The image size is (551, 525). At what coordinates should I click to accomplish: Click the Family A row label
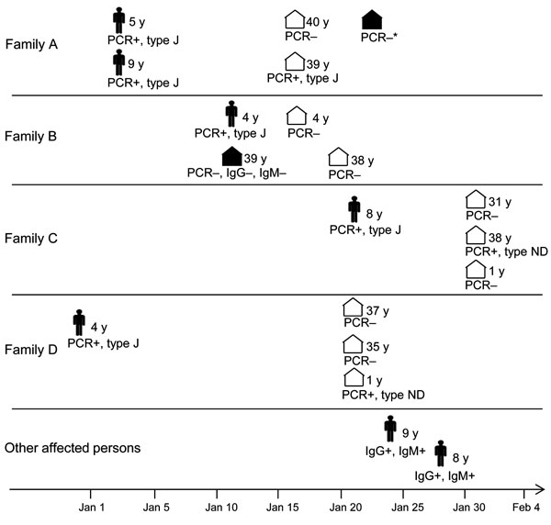31,45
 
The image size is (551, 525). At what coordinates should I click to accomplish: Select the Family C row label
31,239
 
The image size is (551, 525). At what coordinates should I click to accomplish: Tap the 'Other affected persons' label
73,448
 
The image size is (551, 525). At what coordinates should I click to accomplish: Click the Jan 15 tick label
283,508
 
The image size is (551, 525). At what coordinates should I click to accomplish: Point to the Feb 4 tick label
526,508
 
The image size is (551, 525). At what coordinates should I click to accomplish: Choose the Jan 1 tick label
91,508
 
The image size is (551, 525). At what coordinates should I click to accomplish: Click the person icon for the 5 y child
119,20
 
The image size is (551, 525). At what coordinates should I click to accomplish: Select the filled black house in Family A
372,19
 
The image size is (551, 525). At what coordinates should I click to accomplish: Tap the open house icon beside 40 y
295,19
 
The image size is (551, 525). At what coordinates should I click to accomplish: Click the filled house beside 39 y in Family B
232,156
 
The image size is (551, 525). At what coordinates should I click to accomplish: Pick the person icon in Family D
79,322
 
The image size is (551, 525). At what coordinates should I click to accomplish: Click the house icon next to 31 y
476,199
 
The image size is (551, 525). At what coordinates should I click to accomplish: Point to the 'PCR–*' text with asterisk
378,38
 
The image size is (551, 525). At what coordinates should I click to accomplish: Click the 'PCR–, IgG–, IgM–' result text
237,173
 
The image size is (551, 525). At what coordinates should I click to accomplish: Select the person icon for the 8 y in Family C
354,209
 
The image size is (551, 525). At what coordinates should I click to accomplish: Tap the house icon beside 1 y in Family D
354,377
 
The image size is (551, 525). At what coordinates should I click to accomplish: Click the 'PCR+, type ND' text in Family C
506,251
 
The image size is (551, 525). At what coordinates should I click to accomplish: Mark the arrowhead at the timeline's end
540,489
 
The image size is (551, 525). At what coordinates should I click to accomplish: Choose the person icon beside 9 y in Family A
119,62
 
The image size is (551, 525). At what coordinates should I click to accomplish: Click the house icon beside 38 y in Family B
338,157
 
